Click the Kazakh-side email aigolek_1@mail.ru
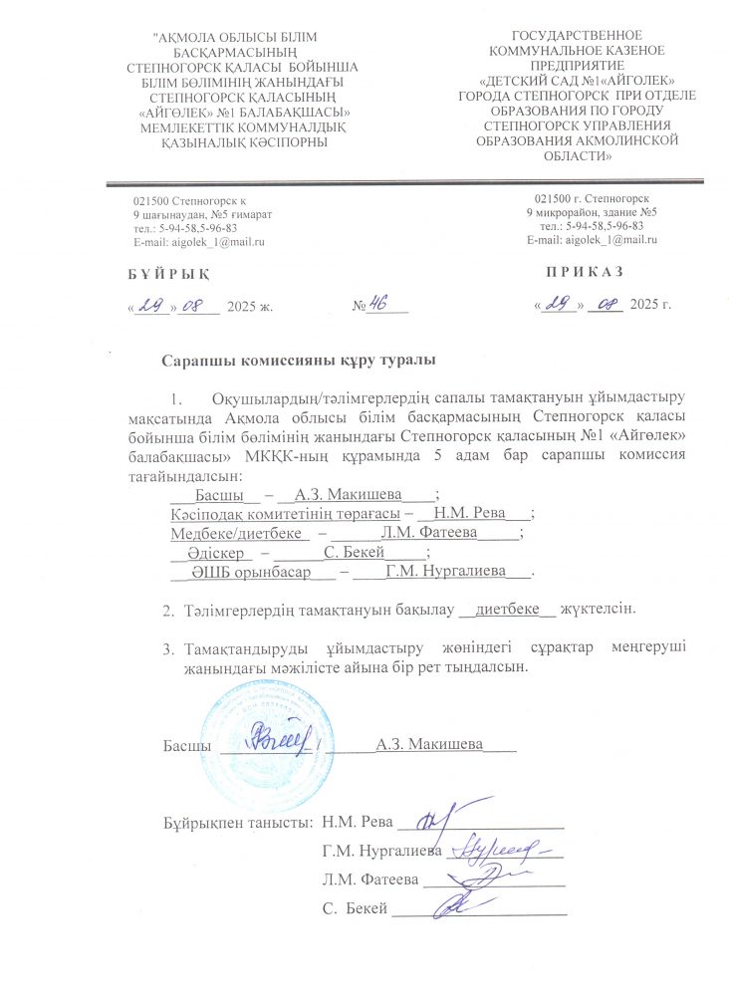[x=198, y=242]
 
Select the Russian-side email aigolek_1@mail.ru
[x=592, y=240]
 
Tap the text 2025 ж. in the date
[x=249, y=305]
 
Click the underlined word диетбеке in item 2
[x=509, y=608]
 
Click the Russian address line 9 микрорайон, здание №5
[x=591, y=213]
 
